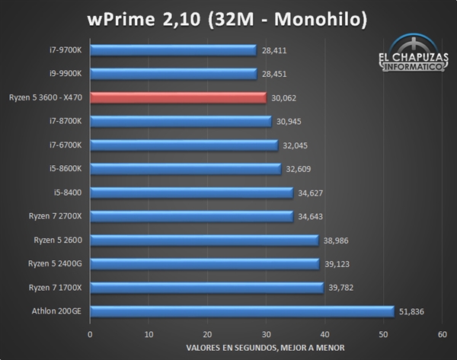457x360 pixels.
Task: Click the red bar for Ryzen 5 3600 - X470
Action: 178,97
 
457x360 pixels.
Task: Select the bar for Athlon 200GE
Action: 242,311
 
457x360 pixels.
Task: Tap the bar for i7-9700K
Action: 173,50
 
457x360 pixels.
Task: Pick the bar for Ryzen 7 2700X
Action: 191,216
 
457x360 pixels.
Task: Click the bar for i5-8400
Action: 191,193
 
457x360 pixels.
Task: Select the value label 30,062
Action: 283,97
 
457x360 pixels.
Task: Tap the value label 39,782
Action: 341,288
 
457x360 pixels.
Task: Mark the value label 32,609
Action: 299,169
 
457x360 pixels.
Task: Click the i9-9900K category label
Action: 69,74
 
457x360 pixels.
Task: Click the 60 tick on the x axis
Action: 442,334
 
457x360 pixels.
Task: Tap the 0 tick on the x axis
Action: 90,334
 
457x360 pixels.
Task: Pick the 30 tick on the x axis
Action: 266,334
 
